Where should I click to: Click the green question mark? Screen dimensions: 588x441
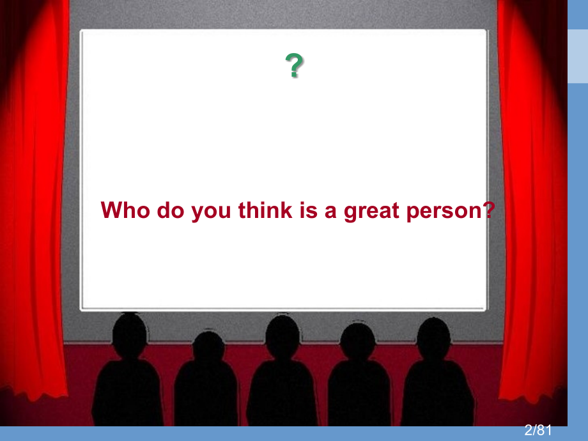click(x=295, y=65)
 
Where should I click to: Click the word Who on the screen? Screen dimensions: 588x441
click(x=125, y=210)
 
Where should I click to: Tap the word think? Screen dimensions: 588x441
click(x=265, y=210)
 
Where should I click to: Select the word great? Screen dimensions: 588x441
click(x=371, y=211)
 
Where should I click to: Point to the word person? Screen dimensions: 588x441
click(x=444, y=212)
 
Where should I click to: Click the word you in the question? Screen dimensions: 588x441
click(x=211, y=212)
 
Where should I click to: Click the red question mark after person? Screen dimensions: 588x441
click(x=489, y=210)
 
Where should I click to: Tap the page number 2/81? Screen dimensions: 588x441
click(x=538, y=430)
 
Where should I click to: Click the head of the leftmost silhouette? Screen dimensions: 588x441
click(x=129, y=334)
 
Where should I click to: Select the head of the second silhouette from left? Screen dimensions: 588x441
click(x=208, y=347)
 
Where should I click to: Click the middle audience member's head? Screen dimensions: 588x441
click(x=282, y=336)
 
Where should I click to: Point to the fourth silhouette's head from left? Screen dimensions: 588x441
click(x=358, y=341)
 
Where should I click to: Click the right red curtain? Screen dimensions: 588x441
click(x=532, y=199)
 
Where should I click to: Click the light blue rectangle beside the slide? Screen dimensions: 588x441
click(x=578, y=56)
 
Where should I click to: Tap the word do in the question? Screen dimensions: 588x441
click(x=171, y=210)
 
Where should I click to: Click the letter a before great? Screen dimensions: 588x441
click(x=330, y=212)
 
